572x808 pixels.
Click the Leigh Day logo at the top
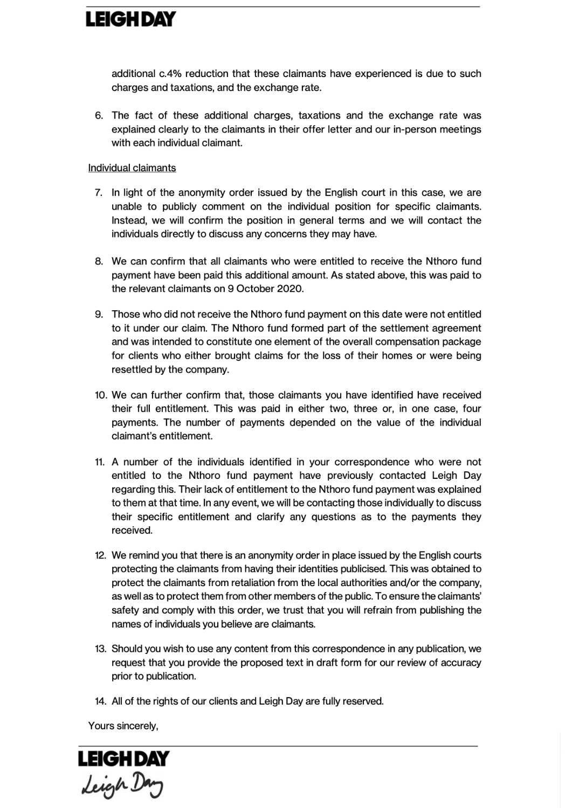click(x=131, y=20)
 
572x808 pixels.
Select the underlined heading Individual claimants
click(x=132, y=168)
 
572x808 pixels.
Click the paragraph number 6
click(x=99, y=116)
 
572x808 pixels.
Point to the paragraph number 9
click(x=99, y=315)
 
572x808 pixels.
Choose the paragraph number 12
click(x=100, y=555)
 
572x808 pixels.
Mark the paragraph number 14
click(x=100, y=701)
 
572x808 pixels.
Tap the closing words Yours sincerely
click(x=123, y=726)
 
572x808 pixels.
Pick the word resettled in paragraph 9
click(x=132, y=370)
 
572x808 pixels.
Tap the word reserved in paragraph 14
click(x=362, y=701)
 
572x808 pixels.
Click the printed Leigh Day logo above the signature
click(x=123, y=759)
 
